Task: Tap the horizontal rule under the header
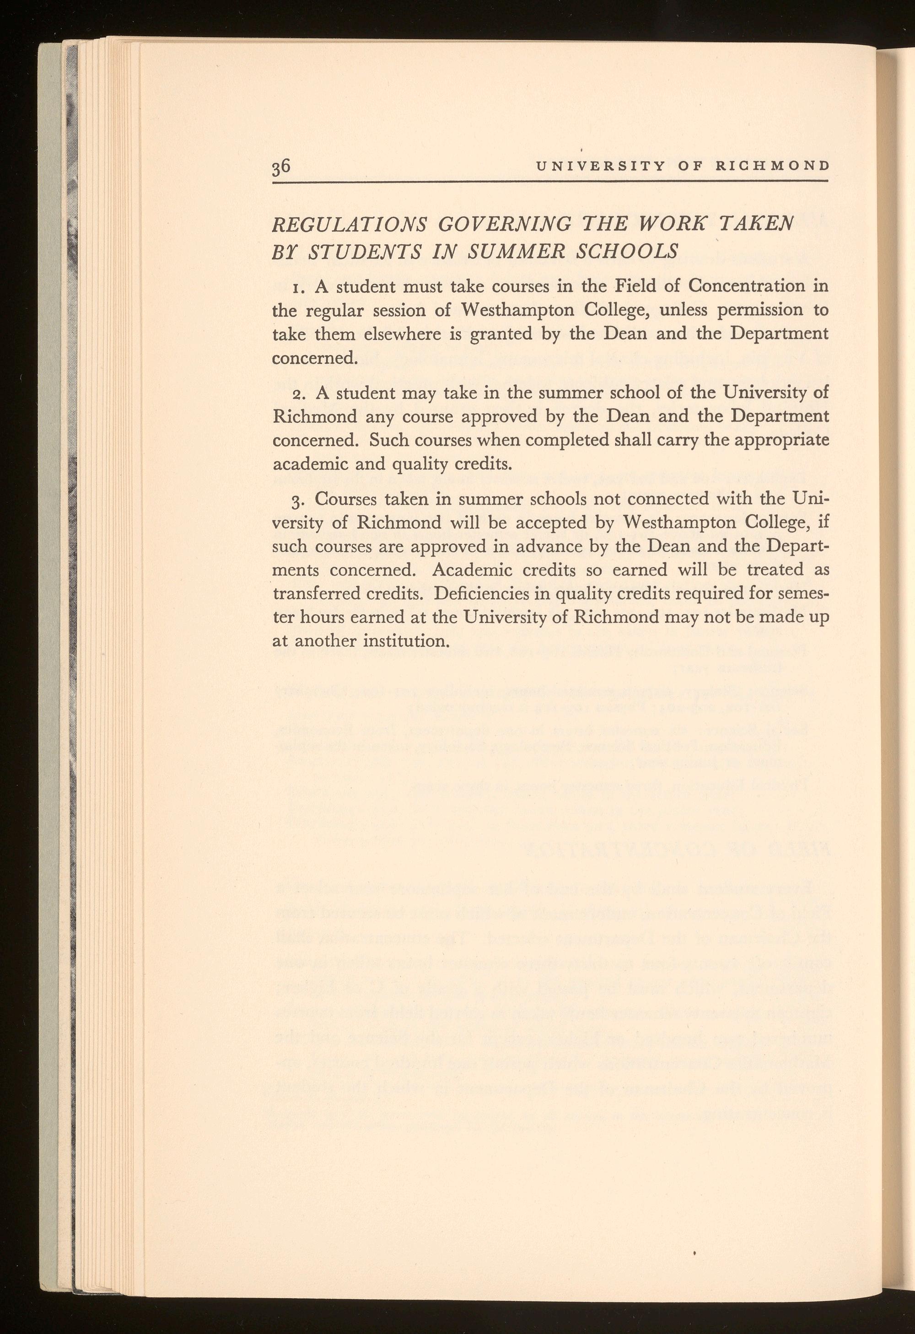551,182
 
